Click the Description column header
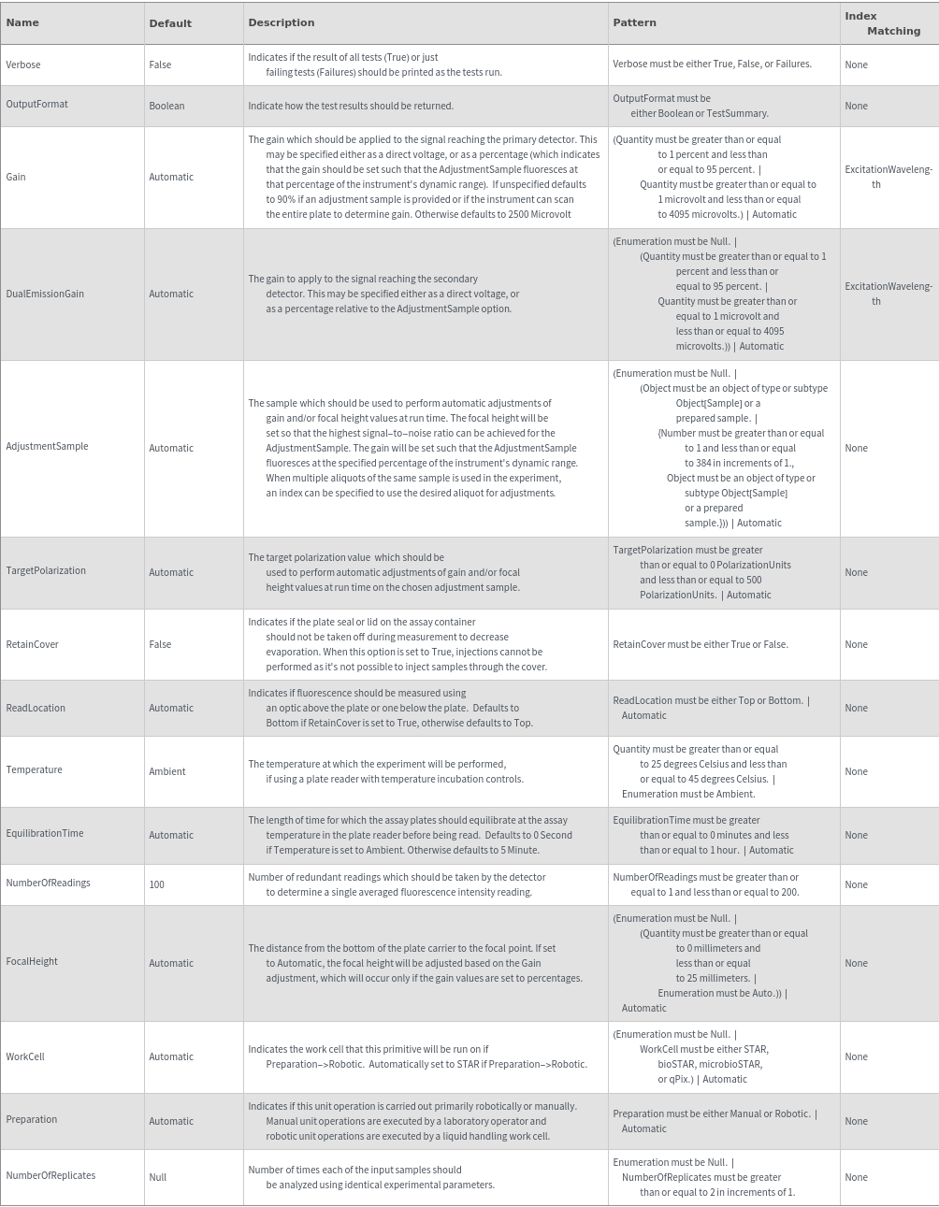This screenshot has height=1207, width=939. pos(281,22)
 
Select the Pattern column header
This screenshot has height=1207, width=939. pos(634,22)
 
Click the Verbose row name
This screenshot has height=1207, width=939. pos(23,65)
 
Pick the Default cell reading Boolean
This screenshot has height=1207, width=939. pos(166,106)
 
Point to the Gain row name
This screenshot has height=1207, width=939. pos(16,177)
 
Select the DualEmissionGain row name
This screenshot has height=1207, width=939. pos(45,294)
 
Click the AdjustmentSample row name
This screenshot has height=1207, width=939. pos(47,446)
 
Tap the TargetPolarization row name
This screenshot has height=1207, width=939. pos(46,570)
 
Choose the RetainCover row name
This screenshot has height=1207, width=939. pos(32,644)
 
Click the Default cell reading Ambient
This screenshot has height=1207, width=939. pos(167,771)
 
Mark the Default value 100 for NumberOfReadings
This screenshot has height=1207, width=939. pos(156,884)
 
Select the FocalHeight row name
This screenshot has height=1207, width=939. pos(32,961)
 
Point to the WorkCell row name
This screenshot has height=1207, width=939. pos(25,1056)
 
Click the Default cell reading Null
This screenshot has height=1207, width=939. pos(157,1177)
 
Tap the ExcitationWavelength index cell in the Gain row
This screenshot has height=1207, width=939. pos(888,177)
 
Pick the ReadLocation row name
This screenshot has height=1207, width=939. pos(36,708)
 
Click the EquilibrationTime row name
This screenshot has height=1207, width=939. pos(45,833)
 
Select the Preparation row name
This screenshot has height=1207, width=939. pos(32,1119)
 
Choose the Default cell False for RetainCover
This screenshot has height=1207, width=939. pos(160,644)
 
